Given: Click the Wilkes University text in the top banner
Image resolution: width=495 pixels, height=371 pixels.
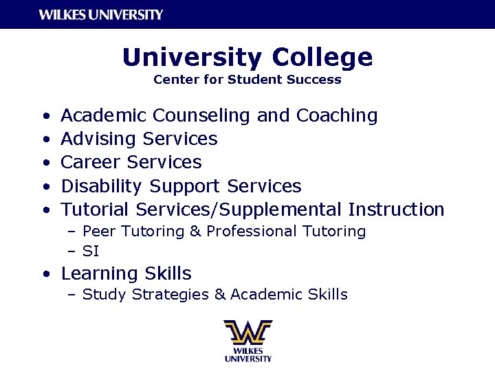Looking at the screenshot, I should coord(101,14).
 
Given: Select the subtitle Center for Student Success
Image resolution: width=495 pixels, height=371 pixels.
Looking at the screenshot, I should coord(247,80).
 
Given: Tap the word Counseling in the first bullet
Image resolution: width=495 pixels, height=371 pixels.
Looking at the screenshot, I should coord(203,115).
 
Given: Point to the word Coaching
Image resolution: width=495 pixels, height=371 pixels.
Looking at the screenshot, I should coord(337,115).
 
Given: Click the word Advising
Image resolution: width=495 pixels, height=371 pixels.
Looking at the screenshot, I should coord(99,139).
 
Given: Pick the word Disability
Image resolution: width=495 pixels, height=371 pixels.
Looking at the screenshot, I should coord(102,185).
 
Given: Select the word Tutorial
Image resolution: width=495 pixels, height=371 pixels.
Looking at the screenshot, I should coord(96,209).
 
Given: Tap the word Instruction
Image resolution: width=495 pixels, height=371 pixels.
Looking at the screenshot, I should coord(397,209).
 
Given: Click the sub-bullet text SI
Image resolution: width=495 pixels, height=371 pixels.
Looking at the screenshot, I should coord(91,251).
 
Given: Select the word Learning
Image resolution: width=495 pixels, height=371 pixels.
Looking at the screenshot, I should coord(100,273).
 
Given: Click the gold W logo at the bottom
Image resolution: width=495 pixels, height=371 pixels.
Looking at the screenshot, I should coord(247,333).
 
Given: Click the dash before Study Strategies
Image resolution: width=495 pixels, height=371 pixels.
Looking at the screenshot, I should coord(71,295).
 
